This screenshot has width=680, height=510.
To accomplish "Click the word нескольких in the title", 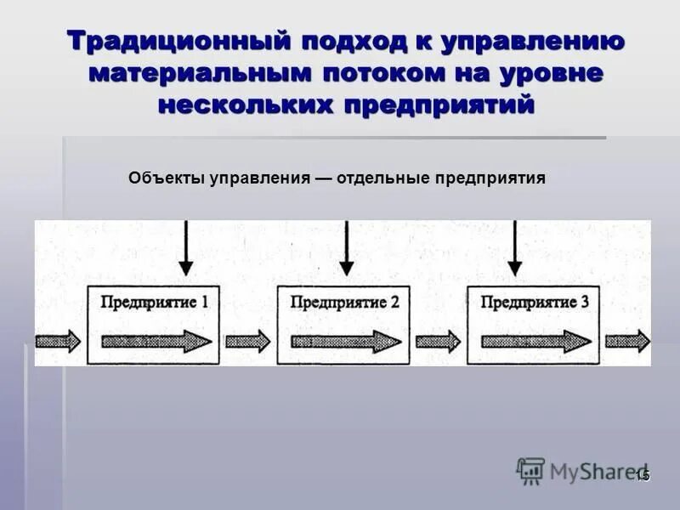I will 245,105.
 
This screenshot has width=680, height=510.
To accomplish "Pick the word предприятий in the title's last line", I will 441,105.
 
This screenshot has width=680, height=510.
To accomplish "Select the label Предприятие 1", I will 154,301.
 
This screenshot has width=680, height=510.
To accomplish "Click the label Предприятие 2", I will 344,302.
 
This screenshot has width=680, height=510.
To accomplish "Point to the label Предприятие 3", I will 534,302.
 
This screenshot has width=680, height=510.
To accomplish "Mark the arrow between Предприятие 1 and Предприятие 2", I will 248,341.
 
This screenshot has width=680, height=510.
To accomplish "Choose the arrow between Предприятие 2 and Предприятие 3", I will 439,341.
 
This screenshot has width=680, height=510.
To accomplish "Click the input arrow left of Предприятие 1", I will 58,341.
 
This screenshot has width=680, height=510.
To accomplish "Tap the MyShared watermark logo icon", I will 530,471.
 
